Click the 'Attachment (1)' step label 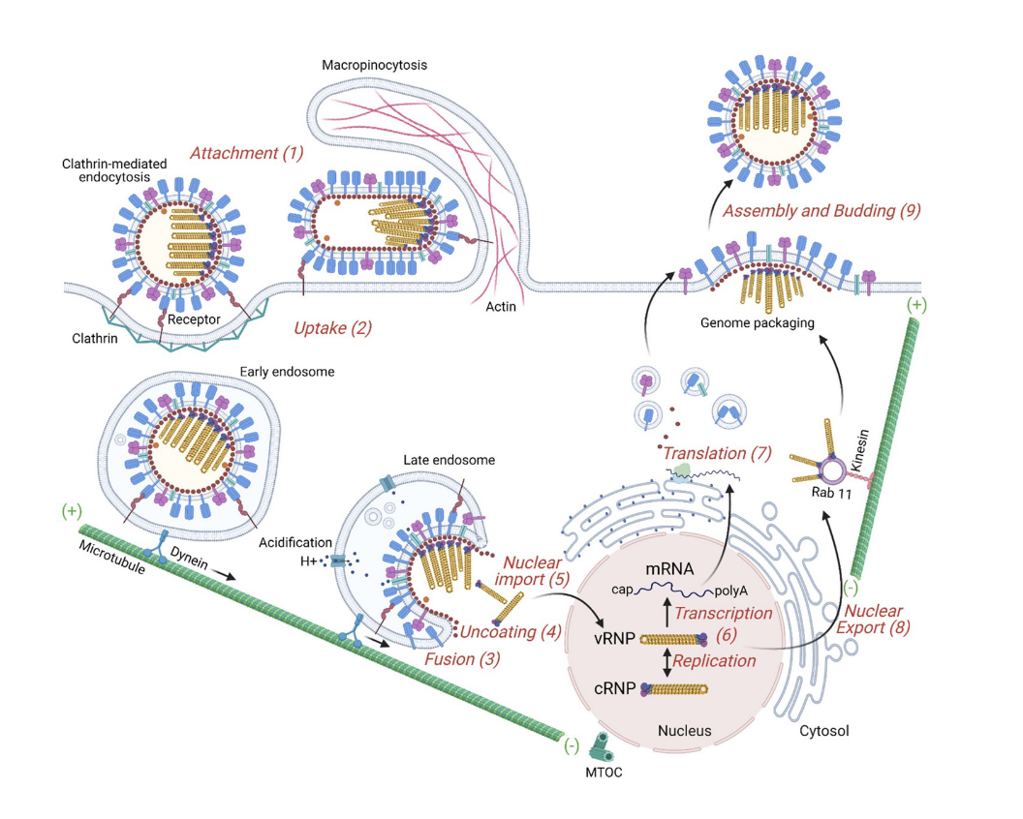246,153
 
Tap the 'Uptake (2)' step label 332,328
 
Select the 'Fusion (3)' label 463,658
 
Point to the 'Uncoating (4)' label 511,633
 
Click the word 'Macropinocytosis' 375,65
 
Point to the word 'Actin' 502,308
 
